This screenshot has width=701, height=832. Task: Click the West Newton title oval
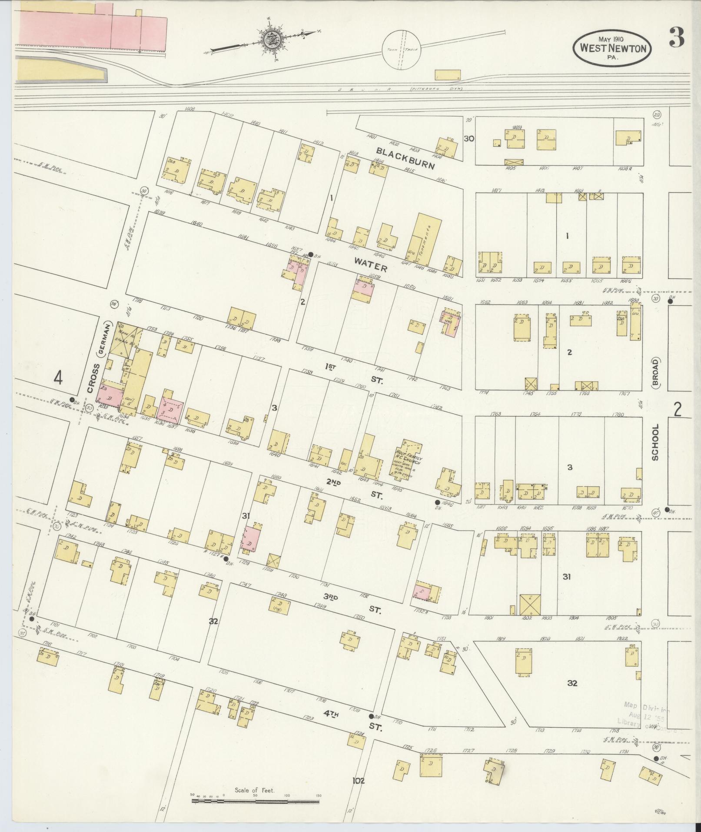[x=612, y=47]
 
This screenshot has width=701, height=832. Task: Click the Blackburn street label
[x=406, y=159]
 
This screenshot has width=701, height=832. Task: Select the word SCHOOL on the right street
[x=655, y=442]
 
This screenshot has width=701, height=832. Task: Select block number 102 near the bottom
[x=359, y=781]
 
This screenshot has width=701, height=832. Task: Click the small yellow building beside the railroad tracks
[x=447, y=75]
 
